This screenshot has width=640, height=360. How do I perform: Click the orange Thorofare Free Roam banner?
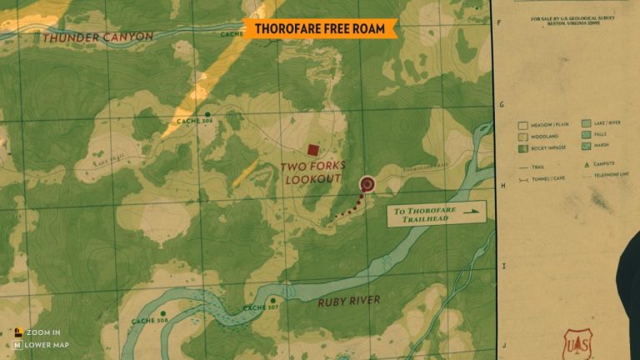320,28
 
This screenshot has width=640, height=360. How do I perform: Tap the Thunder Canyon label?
97,37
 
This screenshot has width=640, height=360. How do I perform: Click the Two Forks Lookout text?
313,172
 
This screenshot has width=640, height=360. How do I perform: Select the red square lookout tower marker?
312,150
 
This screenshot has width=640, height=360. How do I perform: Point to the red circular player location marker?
367,184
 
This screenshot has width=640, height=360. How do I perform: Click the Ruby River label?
348,301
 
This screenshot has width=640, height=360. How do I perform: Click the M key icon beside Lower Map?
17,344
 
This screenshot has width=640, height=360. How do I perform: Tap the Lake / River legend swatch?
586,123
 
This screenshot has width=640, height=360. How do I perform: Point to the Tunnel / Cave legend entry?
542,177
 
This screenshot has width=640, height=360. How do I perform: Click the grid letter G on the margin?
502,105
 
